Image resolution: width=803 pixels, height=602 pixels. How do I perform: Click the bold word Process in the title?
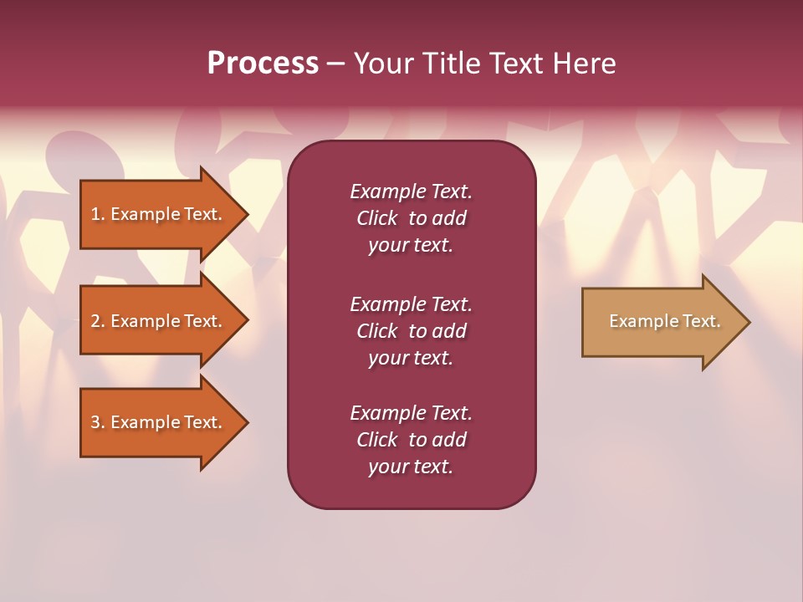[x=263, y=64]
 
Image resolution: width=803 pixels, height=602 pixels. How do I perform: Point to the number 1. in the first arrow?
[x=97, y=214]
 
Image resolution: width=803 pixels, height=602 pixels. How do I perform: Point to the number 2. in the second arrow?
[x=97, y=321]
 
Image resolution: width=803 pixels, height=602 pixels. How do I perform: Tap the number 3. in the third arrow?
[x=97, y=422]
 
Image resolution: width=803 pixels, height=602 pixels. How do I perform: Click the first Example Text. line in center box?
[x=411, y=191]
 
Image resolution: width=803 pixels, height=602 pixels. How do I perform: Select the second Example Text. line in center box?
[x=411, y=304]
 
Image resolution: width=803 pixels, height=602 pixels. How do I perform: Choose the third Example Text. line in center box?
[x=411, y=413]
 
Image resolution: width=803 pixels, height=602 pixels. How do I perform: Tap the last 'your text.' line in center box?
[x=411, y=467]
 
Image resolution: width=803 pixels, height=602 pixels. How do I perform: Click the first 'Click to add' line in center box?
[x=411, y=218]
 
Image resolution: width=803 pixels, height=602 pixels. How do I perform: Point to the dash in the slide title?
[x=335, y=64]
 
